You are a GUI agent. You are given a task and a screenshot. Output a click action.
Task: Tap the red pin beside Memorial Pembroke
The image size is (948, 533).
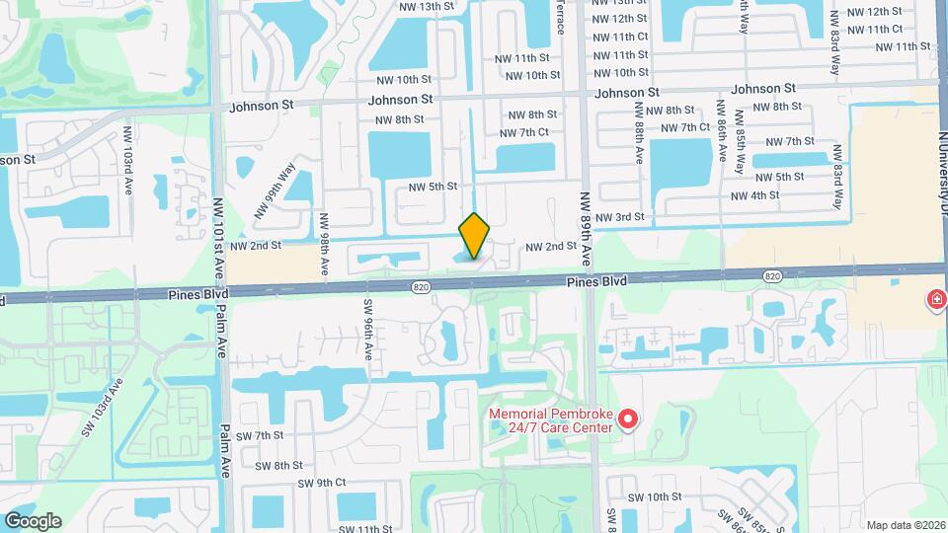click(628, 420)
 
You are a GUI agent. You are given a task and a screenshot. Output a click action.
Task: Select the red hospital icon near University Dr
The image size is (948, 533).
click(935, 299)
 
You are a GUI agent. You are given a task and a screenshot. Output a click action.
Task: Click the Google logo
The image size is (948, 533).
click(33, 520)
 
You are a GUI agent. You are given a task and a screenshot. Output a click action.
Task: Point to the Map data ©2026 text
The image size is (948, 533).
click(906, 525)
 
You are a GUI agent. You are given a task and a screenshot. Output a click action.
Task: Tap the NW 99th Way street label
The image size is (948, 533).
click(275, 190)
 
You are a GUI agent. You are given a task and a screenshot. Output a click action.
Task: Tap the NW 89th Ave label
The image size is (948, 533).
click(585, 228)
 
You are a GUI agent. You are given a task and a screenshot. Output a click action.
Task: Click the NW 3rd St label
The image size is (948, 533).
click(624, 216)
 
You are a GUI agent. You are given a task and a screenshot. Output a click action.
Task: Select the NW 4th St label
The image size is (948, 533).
click(755, 195)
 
